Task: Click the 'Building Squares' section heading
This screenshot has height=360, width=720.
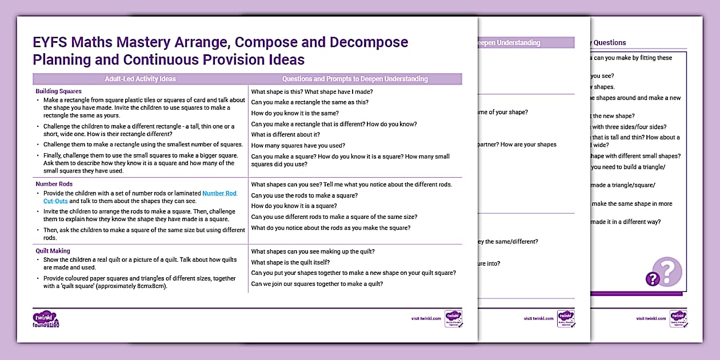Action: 58,91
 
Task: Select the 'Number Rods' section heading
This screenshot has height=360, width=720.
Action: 54,184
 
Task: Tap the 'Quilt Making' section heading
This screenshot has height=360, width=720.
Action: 53,250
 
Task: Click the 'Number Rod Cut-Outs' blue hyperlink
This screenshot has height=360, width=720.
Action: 219,194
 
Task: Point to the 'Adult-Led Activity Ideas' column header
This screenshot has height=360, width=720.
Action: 140,79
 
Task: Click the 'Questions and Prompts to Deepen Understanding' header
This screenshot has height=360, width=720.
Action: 354,79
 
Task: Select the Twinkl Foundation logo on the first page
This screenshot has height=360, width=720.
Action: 46,319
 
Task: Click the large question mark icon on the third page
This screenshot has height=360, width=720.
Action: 666,271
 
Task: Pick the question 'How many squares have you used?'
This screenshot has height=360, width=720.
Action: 298,146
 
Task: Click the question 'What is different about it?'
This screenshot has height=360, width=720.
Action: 285,135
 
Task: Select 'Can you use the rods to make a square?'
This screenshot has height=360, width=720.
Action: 304,195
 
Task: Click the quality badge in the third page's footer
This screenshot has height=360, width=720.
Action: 678,318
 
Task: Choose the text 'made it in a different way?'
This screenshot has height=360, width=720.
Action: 626,222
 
